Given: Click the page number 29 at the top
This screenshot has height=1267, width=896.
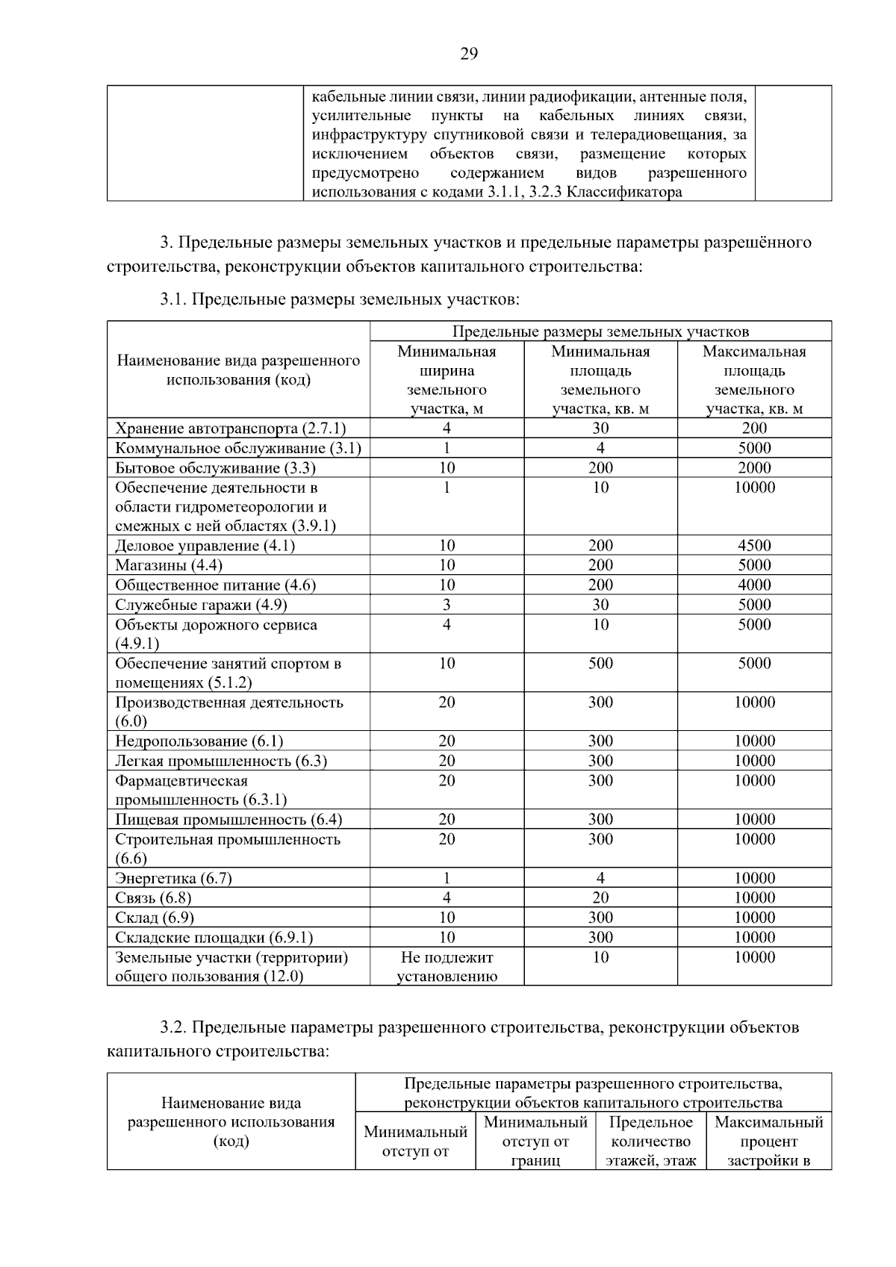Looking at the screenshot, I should pyautogui.click(x=468, y=54).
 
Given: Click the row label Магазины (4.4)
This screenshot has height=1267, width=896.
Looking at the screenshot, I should pyautogui.click(x=169, y=565).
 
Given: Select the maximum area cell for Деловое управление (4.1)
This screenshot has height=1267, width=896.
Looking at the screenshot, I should pyautogui.click(x=754, y=546).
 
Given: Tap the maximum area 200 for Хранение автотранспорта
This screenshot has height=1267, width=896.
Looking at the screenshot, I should pyautogui.click(x=754, y=428).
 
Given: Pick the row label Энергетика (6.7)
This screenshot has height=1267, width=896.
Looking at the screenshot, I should pyautogui.click(x=173, y=878).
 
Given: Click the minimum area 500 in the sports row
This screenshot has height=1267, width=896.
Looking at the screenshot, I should pyautogui.click(x=600, y=663).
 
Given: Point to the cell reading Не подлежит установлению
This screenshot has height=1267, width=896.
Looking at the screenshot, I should pyautogui.click(x=447, y=966).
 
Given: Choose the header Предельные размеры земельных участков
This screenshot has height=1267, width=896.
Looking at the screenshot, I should pyautogui.click(x=600, y=331).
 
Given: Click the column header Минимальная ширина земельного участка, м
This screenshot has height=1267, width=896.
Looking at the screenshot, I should pyautogui.click(x=447, y=380).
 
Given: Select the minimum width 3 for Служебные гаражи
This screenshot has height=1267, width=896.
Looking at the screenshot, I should pyautogui.click(x=447, y=605).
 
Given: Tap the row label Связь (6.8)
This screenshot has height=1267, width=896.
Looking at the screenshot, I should pyautogui.click(x=153, y=897).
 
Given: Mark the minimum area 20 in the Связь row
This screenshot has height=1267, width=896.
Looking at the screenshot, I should pyautogui.click(x=600, y=897).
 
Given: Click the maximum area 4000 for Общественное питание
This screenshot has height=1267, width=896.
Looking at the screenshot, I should pyautogui.click(x=754, y=585).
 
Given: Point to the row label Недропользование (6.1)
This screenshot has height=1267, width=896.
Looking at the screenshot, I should pyautogui.click(x=199, y=741).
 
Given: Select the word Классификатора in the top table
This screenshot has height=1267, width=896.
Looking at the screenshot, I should pyautogui.click(x=624, y=192).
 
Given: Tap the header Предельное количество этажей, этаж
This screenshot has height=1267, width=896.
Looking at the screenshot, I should pyautogui.click(x=651, y=1141).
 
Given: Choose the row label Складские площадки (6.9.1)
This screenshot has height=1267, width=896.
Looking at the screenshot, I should pyautogui.click(x=214, y=937).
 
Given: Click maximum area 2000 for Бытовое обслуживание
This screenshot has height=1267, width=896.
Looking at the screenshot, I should pyautogui.click(x=754, y=467).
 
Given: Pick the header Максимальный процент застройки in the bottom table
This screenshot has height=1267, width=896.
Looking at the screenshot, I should pyautogui.click(x=769, y=1141).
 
